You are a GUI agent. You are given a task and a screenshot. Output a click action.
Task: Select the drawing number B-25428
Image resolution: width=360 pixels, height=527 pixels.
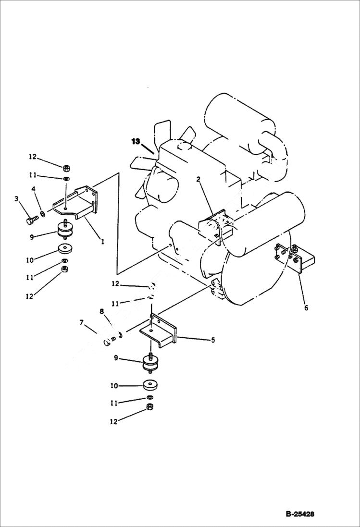pyautogui.click(x=300, y=514)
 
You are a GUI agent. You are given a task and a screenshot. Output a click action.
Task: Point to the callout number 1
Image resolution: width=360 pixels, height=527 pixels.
pyautogui.click(x=102, y=242)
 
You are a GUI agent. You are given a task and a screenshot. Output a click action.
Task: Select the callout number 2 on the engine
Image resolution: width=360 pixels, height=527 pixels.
pyautogui.click(x=198, y=180)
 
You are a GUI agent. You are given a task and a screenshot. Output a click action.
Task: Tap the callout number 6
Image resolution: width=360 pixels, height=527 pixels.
pyautogui.click(x=306, y=308)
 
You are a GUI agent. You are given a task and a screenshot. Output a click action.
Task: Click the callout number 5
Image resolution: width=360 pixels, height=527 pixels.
pyautogui.click(x=212, y=340)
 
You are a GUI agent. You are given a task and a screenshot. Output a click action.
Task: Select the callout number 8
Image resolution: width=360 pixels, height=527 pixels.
pyautogui.click(x=101, y=311)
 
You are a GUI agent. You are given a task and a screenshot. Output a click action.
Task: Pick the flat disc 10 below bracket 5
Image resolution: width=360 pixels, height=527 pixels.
pyautogui.click(x=151, y=386)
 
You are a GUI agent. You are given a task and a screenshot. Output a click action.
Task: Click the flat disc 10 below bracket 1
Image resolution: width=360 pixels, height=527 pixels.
pyautogui.click(x=63, y=249)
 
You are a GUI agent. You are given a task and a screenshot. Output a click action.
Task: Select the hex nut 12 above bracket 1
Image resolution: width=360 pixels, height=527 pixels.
pyautogui.click(x=66, y=167)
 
